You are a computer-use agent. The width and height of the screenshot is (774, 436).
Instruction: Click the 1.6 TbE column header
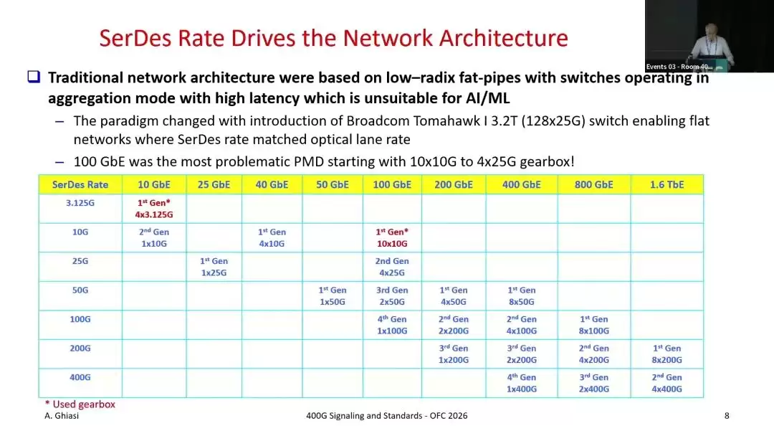666,185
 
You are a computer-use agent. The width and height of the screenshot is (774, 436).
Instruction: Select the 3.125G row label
80,203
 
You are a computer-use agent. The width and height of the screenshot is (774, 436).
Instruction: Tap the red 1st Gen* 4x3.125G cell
154,209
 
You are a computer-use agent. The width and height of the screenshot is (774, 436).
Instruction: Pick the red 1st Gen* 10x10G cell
392,237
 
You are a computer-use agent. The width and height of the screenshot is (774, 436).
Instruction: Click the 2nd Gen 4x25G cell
392,267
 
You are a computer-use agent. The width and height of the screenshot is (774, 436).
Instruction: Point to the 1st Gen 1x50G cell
333,295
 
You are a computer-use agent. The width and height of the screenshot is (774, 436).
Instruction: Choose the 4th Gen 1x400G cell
521,383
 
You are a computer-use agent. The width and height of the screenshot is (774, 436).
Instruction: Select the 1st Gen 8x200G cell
666,354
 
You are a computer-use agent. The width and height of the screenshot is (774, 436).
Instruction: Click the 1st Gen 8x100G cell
593,325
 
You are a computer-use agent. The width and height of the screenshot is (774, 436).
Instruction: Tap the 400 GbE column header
521,185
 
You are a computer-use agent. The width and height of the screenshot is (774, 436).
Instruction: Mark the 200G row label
80,349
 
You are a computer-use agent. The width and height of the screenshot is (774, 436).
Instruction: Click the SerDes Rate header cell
80,185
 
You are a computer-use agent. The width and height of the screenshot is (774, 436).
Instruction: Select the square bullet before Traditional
34,77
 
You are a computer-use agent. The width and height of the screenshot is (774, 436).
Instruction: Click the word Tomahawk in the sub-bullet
446,121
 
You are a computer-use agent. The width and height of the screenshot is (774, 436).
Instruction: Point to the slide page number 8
727,416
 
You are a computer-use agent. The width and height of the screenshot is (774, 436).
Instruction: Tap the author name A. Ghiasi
62,416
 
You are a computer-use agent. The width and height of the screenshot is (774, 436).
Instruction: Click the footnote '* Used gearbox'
80,404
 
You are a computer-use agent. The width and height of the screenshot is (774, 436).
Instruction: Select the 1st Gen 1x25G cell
214,267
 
